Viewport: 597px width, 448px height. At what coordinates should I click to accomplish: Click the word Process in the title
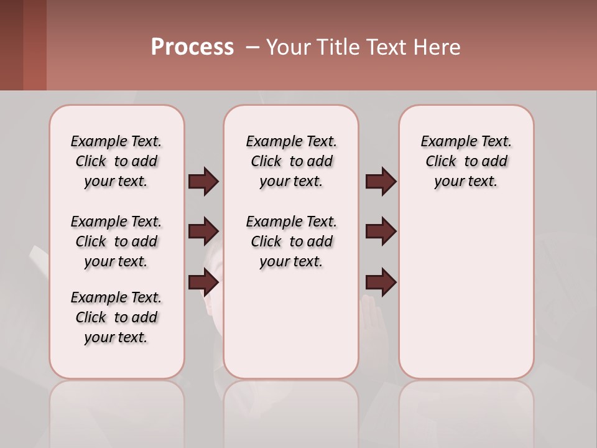(x=192, y=47)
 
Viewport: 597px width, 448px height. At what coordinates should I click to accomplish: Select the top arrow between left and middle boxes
(x=203, y=181)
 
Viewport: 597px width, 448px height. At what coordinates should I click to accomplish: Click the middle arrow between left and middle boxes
(x=203, y=231)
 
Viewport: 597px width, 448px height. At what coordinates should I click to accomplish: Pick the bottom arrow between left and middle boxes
(x=203, y=282)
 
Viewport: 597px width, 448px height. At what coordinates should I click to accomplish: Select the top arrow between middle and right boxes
(x=381, y=181)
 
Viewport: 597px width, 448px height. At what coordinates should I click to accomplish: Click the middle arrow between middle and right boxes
(x=381, y=231)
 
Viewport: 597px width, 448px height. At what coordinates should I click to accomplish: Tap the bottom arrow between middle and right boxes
(x=381, y=282)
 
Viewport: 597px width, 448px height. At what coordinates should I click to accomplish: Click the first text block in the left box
(x=116, y=161)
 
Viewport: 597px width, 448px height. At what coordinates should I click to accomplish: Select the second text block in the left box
(x=116, y=241)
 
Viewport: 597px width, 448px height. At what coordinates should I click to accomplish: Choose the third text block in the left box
(x=116, y=317)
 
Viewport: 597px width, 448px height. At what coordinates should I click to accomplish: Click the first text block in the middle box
(x=291, y=161)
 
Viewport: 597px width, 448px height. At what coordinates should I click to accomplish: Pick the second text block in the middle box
(x=291, y=241)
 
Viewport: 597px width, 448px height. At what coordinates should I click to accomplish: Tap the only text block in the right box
(x=466, y=161)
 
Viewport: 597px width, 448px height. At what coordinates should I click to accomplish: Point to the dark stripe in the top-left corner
(x=11, y=45)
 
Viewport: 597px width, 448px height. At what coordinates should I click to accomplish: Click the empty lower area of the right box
(x=466, y=292)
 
